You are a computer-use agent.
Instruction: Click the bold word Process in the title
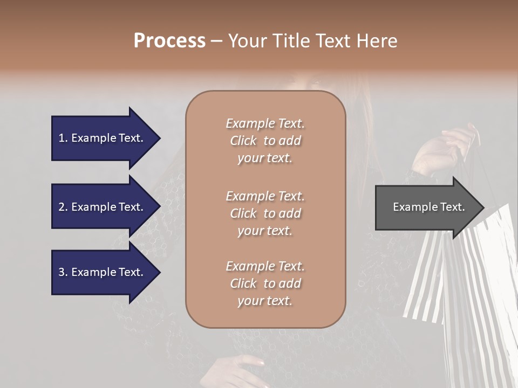tap(169, 41)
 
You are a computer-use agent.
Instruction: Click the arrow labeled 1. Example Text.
tap(103, 138)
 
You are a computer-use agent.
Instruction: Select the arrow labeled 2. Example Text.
tap(103, 207)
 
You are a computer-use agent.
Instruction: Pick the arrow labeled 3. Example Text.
tap(103, 272)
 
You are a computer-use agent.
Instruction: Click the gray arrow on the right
tap(426, 207)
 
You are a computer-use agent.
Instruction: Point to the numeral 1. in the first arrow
tap(63, 138)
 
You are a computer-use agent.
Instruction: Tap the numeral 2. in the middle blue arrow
tap(63, 207)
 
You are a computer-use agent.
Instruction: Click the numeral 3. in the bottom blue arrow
tap(63, 272)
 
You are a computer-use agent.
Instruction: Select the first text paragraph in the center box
tap(265, 141)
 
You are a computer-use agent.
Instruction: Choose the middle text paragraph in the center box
tap(265, 213)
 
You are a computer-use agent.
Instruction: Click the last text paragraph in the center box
tap(265, 283)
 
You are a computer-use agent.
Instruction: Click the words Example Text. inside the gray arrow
tap(428, 207)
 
